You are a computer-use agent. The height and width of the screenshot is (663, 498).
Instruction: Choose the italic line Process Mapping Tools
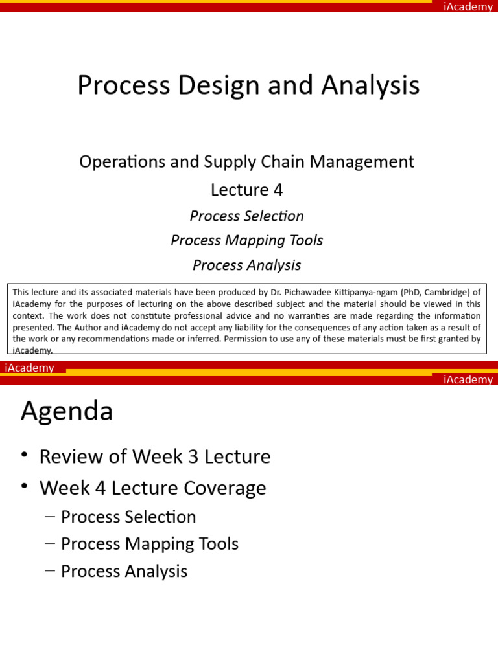pos(246,240)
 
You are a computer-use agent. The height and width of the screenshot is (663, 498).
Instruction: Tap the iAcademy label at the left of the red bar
pos(29,368)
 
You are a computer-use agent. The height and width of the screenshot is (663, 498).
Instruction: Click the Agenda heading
pos(67,411)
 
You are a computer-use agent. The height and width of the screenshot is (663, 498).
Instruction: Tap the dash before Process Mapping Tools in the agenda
pos(50,544)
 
